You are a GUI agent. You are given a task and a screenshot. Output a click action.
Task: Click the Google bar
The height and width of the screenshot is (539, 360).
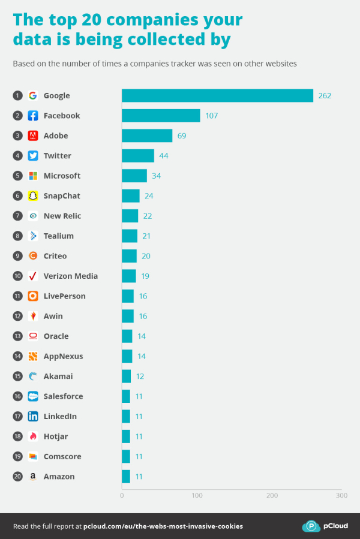(x=217, y=95)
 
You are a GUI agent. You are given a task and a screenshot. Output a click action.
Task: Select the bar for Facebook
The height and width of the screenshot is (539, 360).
(x=161, y=116)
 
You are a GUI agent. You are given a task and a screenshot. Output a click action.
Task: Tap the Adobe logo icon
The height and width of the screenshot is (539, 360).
(x=33, y=135)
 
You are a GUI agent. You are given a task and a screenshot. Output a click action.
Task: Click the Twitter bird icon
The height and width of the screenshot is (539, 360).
(x=33, y=156)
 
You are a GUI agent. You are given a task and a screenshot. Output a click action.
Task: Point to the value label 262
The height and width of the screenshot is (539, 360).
(x=325, y=96)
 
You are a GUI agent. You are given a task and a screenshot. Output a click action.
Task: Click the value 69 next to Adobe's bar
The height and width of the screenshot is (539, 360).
(x=181, y=136)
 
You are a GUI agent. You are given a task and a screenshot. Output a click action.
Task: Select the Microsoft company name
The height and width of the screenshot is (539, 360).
(x=62, y=176)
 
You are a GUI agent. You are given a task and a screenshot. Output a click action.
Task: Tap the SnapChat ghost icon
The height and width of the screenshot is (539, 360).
(x=33, y=196)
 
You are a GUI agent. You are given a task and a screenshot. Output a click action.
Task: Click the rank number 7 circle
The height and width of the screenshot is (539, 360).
(x=18, y=216)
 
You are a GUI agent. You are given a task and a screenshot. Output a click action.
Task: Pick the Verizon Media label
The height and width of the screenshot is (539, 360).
(x=70, y=276)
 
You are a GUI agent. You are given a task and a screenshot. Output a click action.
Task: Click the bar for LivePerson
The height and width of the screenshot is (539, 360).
(x=128, y=296)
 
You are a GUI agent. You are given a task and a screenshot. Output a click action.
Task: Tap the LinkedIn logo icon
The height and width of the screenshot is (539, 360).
(x=33, y=416)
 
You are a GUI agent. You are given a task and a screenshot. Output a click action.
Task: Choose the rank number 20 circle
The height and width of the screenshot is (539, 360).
(x=18, y=477)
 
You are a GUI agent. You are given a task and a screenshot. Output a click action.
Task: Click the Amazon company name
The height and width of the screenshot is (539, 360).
(x=59, y=477)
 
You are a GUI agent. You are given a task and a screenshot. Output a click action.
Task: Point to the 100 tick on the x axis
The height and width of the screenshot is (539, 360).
(x=197, y=496)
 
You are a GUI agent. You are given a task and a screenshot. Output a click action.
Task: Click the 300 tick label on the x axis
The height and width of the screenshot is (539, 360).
(x=341, y=496)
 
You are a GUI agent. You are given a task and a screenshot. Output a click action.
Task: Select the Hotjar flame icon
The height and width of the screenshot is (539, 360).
(x=33, y=436)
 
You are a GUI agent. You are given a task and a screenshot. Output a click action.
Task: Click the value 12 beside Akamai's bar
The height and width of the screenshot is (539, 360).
(x=140, y=377)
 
